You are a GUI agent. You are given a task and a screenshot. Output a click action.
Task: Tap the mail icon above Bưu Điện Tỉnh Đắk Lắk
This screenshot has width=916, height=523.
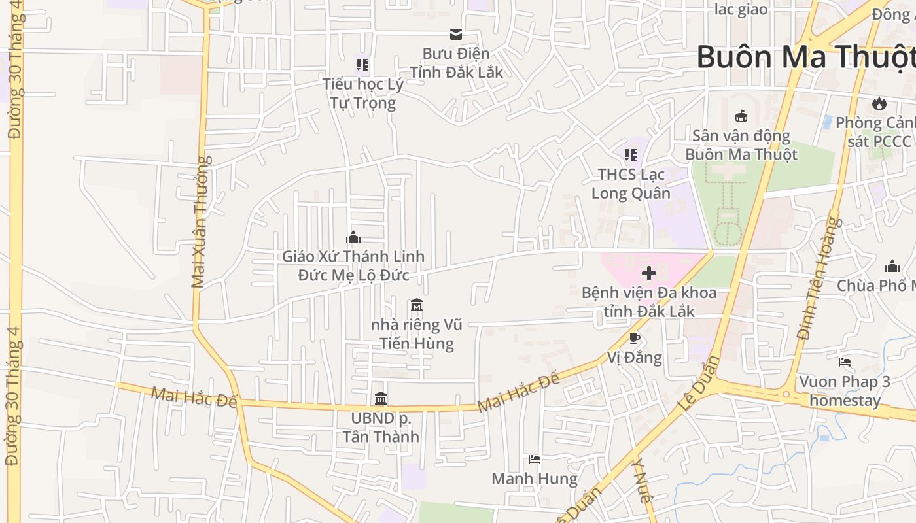(455, 34)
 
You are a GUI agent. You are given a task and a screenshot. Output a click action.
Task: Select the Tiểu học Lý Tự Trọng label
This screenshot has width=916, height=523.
(362, 93)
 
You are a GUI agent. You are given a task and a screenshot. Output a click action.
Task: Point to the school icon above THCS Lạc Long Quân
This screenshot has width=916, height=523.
(631, 155)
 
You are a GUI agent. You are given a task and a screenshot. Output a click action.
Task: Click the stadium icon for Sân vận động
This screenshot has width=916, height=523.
(741, 116)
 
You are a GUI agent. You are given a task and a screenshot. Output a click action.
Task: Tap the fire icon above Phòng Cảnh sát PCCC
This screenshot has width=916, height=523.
(879, 103)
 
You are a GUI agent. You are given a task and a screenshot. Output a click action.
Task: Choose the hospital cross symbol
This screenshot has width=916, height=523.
(648, 273)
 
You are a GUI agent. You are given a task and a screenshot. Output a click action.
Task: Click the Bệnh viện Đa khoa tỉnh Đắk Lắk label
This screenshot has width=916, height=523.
(648, 301)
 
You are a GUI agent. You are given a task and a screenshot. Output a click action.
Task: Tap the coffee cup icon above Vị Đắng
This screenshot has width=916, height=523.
(633, 338)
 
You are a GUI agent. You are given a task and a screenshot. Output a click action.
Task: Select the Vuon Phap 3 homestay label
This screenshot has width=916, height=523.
(845, 390)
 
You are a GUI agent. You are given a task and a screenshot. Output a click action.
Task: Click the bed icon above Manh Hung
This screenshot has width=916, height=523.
(535, 460)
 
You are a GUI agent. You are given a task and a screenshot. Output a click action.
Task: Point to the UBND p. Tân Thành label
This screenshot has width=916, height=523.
(381, 427)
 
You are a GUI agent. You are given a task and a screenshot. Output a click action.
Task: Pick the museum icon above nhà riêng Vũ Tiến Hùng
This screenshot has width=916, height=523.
(416, 305)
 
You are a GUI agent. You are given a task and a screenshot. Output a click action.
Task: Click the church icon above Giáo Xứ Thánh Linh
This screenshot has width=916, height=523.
(353, 237)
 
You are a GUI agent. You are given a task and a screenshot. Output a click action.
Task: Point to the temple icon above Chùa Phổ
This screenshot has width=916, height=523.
(892, 266)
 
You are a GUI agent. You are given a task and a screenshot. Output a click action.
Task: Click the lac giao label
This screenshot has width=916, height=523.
(741, 8)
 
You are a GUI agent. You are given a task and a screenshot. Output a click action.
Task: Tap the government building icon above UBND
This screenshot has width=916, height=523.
(381, 398)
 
